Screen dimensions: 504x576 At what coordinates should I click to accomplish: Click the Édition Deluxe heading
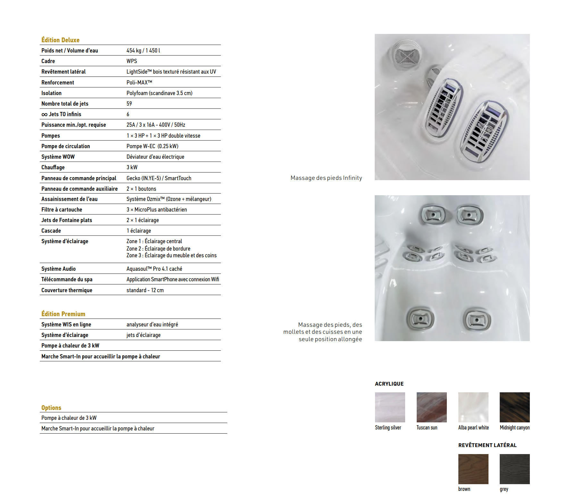coord(60,40)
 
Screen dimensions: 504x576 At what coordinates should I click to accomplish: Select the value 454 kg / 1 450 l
coord(143,51)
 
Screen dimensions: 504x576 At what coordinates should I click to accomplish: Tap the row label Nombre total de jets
coord(65,104)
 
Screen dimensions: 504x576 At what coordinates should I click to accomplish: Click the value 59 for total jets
coord(129,104)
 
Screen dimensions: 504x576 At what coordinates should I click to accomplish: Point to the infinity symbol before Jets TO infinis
coord(44,115)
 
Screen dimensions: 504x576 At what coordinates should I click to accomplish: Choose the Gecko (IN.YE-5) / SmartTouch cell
coord(159,178)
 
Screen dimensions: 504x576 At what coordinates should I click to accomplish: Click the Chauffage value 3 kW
coord(132,167)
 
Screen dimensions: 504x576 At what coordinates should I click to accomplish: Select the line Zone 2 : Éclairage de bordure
coord(158,249)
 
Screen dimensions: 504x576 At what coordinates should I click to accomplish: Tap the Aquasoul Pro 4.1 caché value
coord(154,269)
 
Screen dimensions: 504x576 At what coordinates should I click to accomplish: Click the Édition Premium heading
coord(63,314)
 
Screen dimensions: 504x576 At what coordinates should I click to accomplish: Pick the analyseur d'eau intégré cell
coord(152,324)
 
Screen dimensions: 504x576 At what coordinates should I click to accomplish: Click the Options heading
coord(51,408)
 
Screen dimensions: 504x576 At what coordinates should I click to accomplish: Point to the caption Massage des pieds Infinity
coord(326,178)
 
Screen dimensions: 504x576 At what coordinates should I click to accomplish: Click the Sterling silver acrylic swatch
coord(390,407)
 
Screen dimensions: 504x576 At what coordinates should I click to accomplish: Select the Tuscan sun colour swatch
coord(431,407)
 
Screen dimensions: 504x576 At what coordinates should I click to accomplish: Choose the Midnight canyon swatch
coord(514,407)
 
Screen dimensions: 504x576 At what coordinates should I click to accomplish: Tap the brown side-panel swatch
coord(473,469)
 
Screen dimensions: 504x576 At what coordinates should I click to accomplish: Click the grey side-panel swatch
coord(514,469)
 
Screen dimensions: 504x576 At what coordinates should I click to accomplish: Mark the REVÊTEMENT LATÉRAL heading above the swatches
coord(487,445)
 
